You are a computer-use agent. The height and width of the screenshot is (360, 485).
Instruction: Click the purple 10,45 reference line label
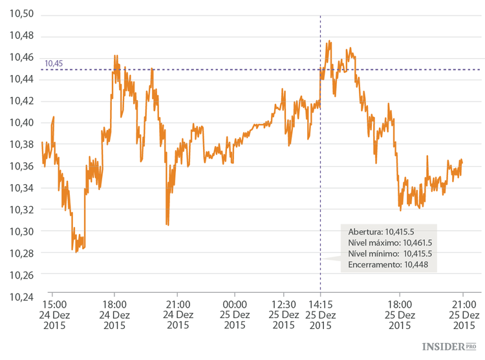[54, 63]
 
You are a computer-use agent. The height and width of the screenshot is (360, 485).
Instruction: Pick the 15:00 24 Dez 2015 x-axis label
[54, 315]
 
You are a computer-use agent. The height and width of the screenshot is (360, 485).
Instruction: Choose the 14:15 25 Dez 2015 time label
[321, 315]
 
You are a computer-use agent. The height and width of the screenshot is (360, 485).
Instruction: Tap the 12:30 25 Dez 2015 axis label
[283, 315]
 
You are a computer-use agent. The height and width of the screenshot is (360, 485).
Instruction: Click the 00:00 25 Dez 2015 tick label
[234, 315]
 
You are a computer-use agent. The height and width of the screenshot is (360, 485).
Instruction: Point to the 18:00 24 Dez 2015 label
[114, 315]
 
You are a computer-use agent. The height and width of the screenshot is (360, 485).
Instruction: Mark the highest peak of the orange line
[330, 41]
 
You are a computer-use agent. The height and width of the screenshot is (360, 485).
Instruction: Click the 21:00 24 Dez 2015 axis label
[178, 315]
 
